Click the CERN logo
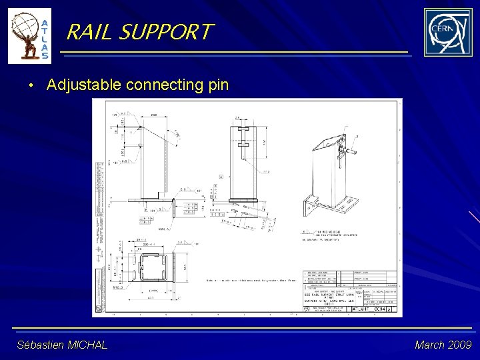pyautogui.click(x=447, y=32)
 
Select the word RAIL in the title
pyautogui.click(x=90, y=31)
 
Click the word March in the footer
pyautogui.click(x=428, y=345)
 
